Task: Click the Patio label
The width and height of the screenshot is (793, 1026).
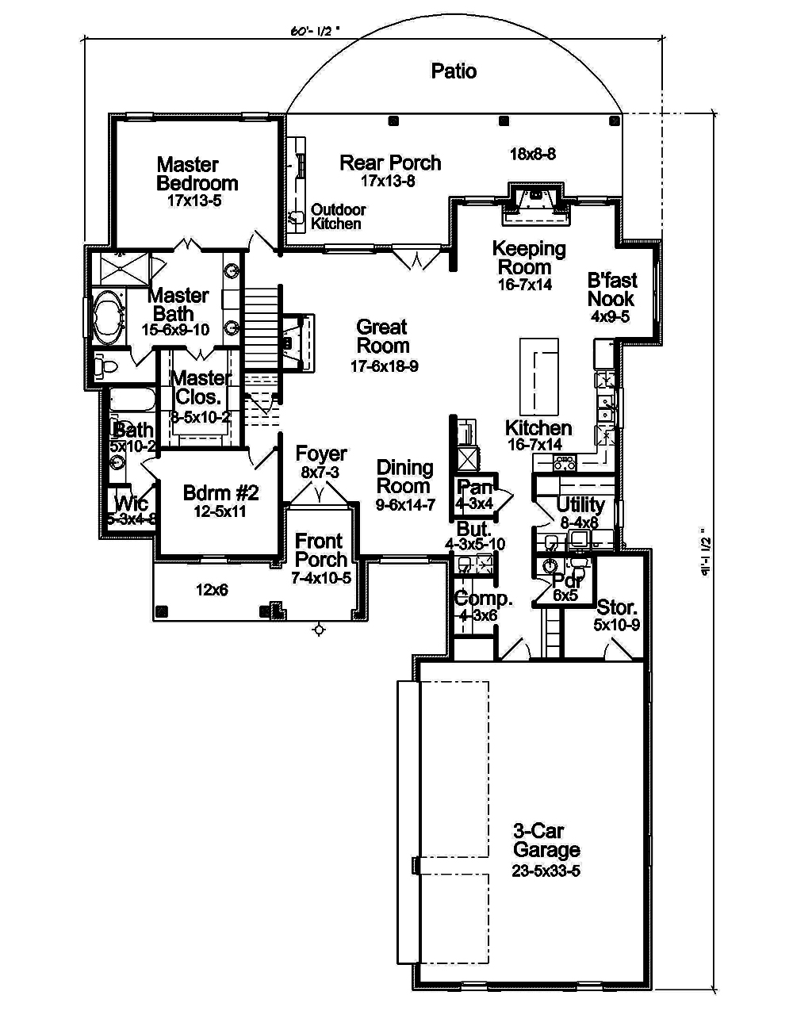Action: tap(454, 71)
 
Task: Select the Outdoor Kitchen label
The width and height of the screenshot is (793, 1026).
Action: tap(338, 216)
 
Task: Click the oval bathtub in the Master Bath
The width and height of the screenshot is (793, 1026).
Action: tap(107, 319)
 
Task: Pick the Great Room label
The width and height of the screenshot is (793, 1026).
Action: tap(383, 336)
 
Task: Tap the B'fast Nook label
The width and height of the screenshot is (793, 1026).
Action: tap(611, 289)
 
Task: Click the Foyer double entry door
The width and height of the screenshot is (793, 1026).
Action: tap(320, 495)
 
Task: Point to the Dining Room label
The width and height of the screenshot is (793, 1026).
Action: tap(404, 477)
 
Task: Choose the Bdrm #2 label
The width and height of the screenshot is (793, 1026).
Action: tap(220, 493)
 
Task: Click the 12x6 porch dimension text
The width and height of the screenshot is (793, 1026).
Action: tap(213, 590)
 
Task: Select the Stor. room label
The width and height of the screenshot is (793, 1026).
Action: tap(617, 608)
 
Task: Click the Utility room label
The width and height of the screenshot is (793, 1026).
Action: tap(580, 504)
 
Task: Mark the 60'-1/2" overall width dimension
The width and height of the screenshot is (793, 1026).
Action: tap(314, 33)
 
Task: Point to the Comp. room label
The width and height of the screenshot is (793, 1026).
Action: tap(483, 599)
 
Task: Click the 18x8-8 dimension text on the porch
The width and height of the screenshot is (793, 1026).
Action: tap(532, 155)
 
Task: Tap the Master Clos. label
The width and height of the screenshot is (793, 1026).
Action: tap(201, 387)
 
